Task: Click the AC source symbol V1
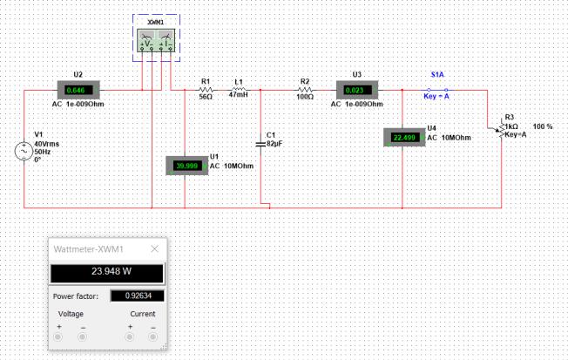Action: (24, 151)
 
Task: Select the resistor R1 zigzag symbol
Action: (206, 90)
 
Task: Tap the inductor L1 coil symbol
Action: (239, 89)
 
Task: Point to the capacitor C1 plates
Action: (260, 145)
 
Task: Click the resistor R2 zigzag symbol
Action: (305, 90)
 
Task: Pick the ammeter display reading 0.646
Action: (78, 91)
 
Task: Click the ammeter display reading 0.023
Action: (357, 91)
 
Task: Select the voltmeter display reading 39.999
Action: (187, 166)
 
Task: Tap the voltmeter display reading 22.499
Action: (404, 138)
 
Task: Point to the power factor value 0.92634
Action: (138, 295)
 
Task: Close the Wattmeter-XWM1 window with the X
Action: (155, 248)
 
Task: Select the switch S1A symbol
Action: (437, 90)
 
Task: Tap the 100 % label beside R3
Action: (542, 126)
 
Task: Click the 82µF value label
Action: (274, 144)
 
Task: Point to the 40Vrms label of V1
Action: (47, 144)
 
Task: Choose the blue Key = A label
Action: (436, 97)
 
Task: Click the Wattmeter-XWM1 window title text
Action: (88, 249)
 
